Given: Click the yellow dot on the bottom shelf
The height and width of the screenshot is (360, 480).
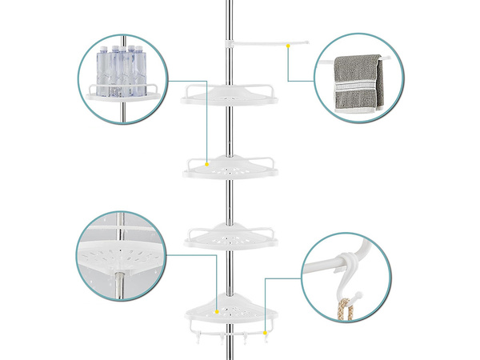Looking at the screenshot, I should (x=218, y=307).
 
